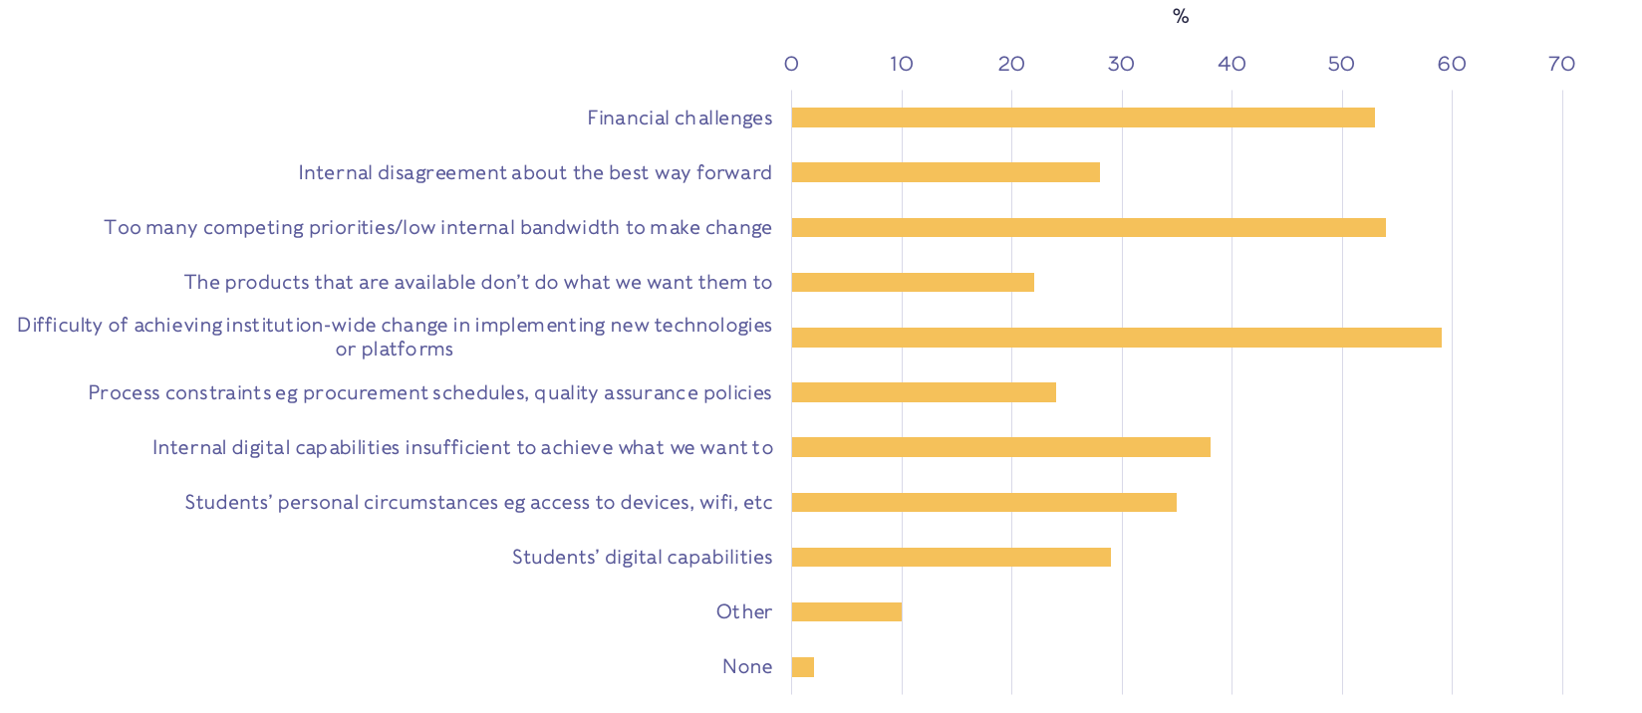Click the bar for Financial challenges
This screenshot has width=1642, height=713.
1083,118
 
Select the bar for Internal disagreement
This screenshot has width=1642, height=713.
946,172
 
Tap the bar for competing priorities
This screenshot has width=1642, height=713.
1088,227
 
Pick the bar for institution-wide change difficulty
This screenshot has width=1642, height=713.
1116,338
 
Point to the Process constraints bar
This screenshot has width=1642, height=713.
924,392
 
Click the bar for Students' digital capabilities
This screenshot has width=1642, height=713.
951,557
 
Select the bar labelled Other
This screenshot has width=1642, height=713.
847,611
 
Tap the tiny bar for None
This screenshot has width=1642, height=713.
803,667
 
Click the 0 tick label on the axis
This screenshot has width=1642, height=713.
791,64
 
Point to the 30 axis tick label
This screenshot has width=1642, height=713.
1121,64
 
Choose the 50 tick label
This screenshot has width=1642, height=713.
1341,64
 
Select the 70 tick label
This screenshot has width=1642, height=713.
1561,64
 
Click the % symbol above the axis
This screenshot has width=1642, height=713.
1181,16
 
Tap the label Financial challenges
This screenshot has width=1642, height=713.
680,118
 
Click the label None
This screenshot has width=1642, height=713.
747,666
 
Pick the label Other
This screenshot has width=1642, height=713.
744,611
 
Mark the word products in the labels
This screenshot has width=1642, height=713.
267,282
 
